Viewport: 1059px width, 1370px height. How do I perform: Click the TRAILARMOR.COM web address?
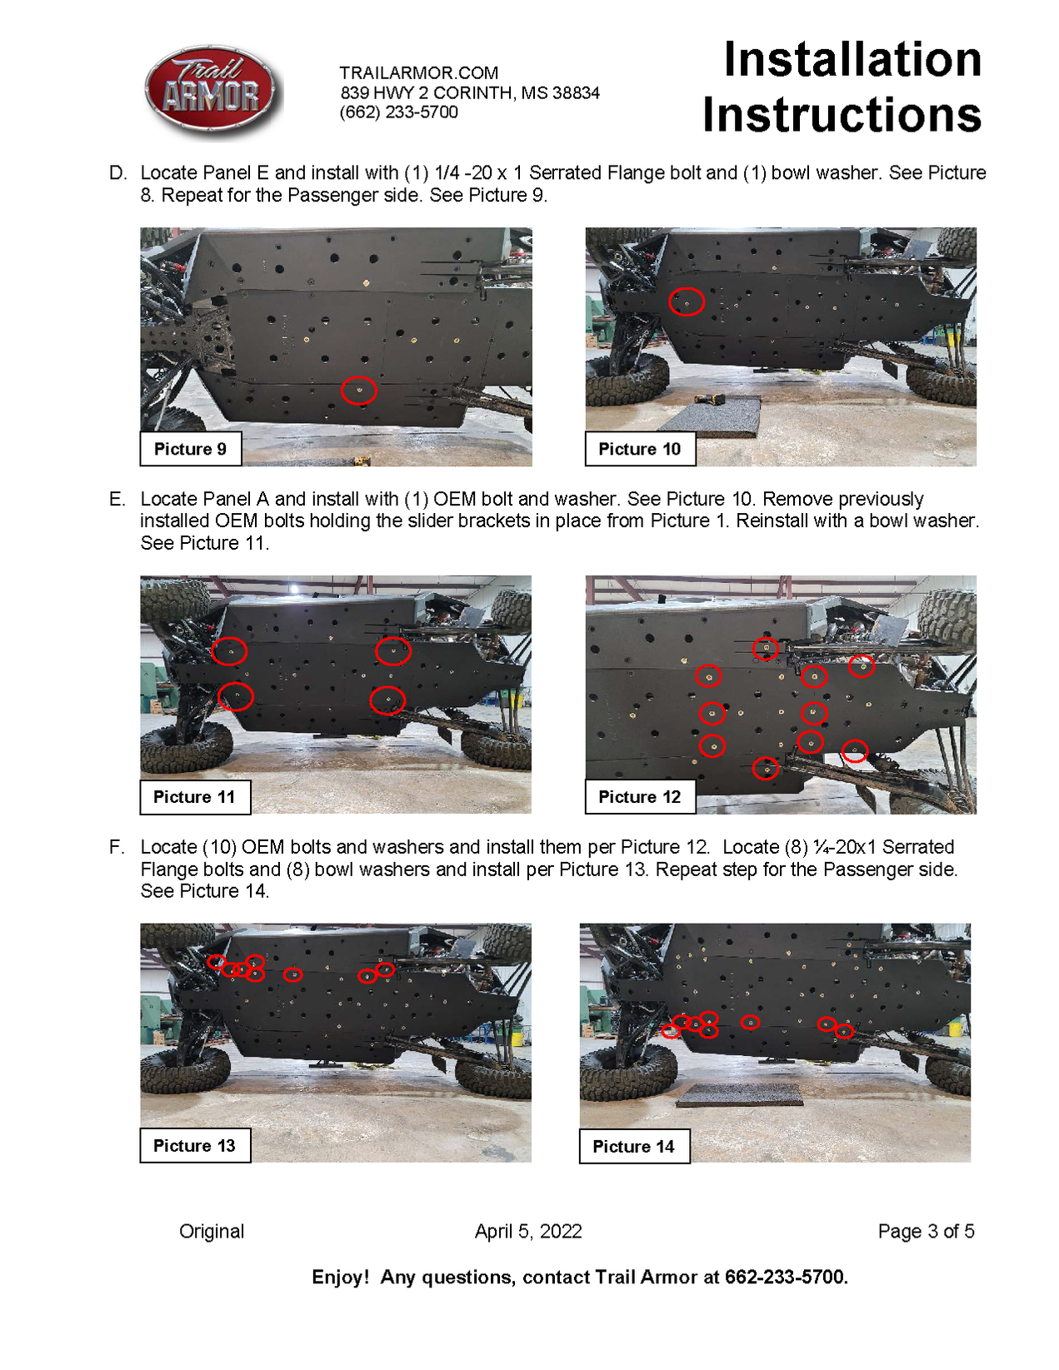(x=418, y=72)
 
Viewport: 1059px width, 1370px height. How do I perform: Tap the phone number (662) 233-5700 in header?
(x=398, y=112)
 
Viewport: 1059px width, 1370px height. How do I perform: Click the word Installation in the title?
(x=852, y=60)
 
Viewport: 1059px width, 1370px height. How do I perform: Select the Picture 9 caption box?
(x=190, y=449)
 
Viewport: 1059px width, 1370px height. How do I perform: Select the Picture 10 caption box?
(x=639, y=449)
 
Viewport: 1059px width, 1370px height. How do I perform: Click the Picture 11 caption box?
(x=194, y=797)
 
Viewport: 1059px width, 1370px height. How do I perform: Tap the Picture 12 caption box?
(x=639, y=797)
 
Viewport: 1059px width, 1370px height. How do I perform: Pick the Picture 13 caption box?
(x=194, y=1145)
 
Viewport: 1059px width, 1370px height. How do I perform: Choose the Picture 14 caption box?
(x=633, y=1146)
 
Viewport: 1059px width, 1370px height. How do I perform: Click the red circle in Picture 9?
(x=359, y=391)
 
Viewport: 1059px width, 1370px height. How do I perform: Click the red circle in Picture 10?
(x=687, y=301)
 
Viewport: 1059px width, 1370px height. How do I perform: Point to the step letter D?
(x=117, y=173)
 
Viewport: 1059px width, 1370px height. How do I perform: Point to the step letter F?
(x=117, y=847)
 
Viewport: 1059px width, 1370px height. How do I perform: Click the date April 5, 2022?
(x=528, y=1231)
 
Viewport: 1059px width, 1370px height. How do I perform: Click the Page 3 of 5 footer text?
(x=926, y=1231)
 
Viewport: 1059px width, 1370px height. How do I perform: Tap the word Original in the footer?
(x=212, y=1231)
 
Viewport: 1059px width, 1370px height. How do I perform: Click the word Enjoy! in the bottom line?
(x=340, y=1277)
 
